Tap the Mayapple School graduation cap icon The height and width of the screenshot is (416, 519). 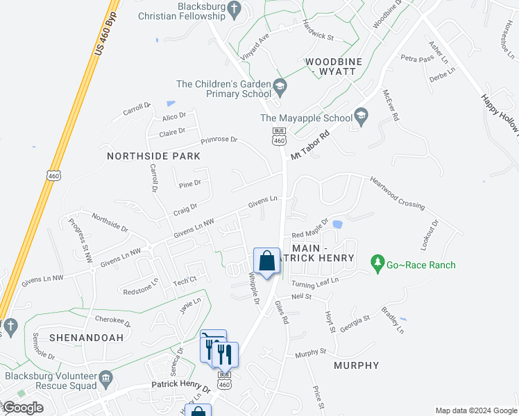coord(360,116)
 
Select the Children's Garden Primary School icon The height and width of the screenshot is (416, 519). coord(280,88)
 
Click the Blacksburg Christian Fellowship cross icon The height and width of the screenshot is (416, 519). coord(235,10)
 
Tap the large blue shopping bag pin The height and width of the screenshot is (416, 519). coord(266,261)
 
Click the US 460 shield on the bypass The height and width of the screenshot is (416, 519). coord(54,173)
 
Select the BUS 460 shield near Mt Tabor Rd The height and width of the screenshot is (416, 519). coord(279,136)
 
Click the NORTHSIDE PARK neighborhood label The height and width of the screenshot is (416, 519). coord(153,156)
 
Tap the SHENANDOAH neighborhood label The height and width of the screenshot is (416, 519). coord(76,338)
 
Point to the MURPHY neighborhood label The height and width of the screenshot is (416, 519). coord(357,365)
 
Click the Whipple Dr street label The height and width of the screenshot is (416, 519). coord(253,289)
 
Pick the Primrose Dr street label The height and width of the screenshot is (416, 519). coord(219,140)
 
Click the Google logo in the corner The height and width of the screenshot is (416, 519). coord(23,408)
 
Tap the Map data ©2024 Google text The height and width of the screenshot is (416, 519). coord(476,410)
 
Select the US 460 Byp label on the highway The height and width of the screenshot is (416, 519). coord(103,33)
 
